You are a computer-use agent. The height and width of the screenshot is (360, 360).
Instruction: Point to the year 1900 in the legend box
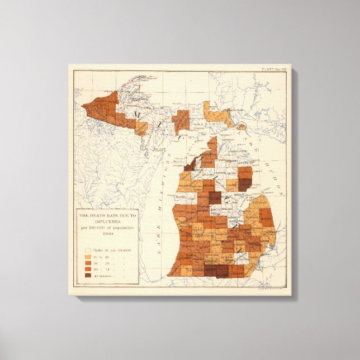click(x=101, y=233)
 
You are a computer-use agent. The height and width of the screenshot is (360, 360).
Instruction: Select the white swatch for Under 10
click(x=88, y=250)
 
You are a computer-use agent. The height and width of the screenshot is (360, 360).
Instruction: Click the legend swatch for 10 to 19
click(x=88, y=257)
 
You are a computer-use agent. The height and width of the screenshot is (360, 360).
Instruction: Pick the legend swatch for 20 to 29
click(x=88, y=263)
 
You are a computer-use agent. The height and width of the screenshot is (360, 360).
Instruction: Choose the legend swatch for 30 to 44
click(x=88, y=269)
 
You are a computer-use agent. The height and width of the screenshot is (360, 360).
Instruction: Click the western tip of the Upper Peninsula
click(x=86, y=105)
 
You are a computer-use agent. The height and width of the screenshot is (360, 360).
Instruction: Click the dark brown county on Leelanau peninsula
click(x=192, y=163)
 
